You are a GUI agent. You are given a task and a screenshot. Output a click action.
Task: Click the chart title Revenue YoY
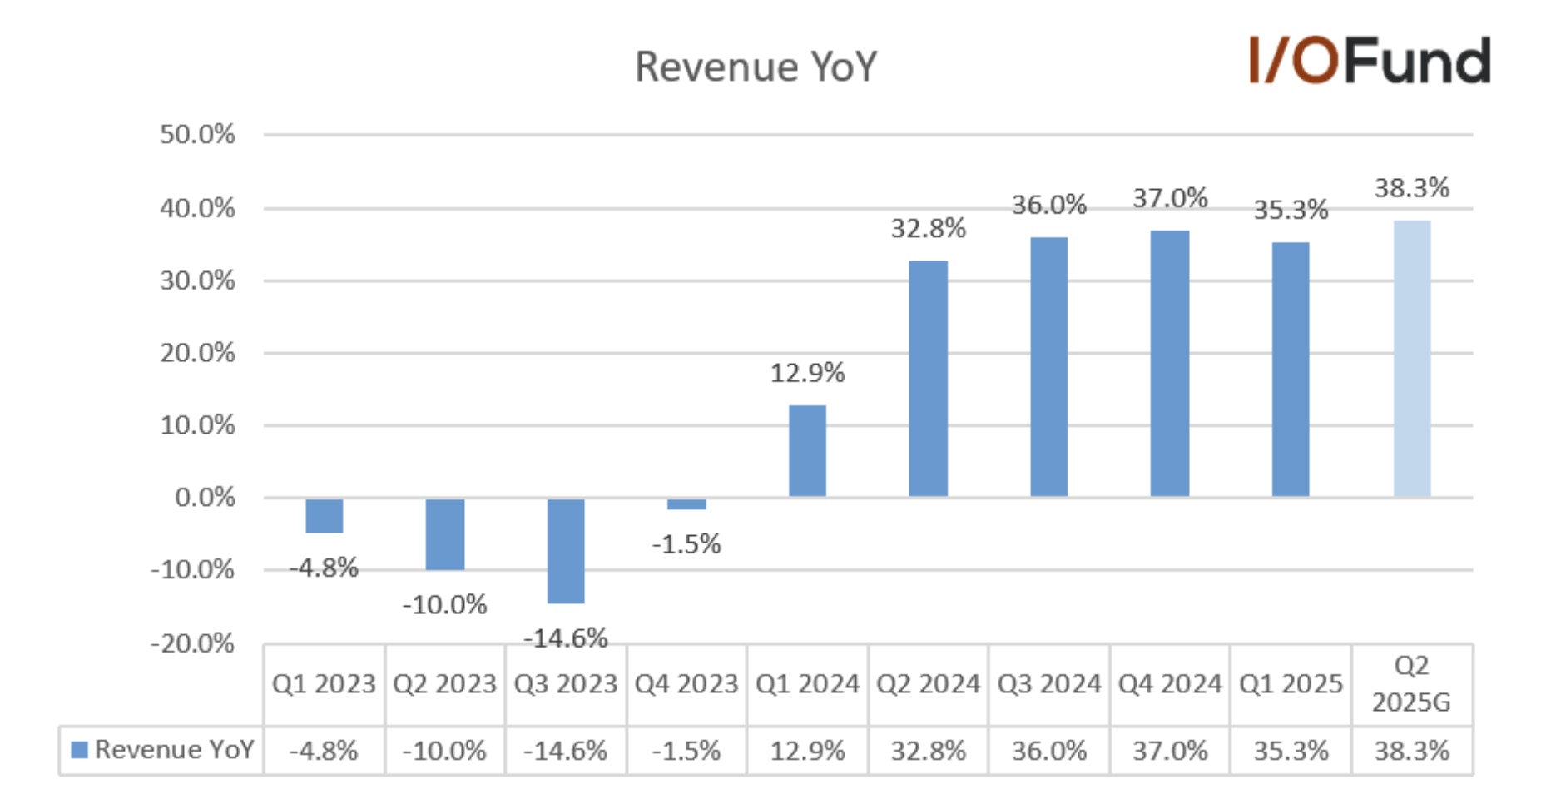[756, 67]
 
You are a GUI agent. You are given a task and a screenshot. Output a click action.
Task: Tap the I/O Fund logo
[1369, 60]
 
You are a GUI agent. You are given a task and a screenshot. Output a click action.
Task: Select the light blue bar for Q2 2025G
[1412, 359]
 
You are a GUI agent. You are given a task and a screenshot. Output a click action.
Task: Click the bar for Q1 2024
[807, 450]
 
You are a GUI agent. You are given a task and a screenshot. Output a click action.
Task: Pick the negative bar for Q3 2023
[566, 550]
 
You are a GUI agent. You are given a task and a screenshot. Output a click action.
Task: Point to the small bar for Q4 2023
[686, 504]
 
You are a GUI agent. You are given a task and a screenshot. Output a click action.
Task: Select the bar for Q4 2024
[1170, 364]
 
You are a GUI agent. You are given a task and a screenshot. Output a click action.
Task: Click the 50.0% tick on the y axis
[197, 134]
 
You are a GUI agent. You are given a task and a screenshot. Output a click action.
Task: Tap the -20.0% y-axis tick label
[193, 643]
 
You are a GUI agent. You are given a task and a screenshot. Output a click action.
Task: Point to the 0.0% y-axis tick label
[205, 498]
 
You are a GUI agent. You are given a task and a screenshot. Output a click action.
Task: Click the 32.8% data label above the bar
[929, 228]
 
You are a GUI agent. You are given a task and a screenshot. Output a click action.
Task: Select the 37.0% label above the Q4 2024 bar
[1170, 198]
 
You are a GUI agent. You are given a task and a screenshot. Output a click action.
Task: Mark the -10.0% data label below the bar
[444, 604]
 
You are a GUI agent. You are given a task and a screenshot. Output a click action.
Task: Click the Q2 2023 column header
[444, 684]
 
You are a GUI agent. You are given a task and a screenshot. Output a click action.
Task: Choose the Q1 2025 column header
[1291, 684]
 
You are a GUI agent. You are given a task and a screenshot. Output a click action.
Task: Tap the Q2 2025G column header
[1411, 684]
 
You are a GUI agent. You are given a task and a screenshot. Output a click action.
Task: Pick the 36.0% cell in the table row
[1049, 751]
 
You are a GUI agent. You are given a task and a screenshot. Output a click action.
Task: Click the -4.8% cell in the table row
[324, 751]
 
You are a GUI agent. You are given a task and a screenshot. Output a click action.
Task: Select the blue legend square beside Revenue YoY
[80, 750]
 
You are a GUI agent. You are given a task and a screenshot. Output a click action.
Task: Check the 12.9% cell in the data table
[807, 751]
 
